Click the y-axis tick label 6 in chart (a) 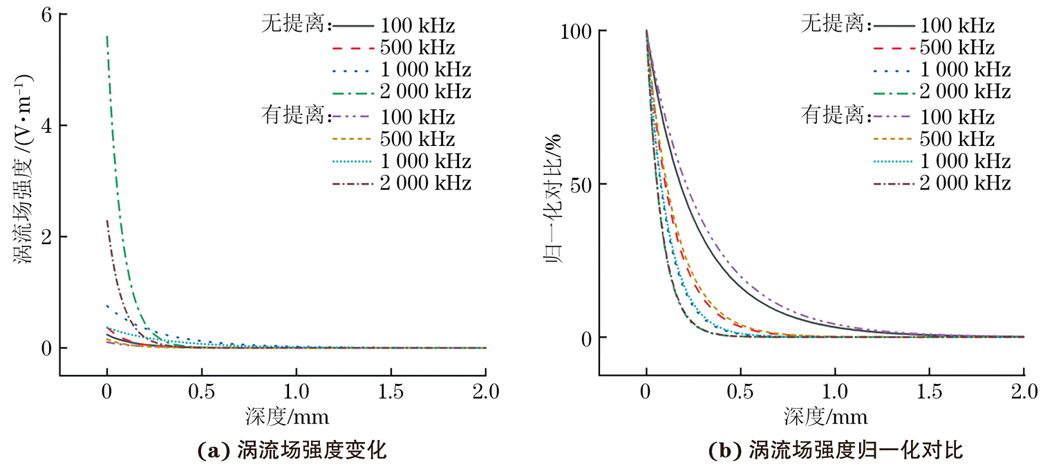click(x=44, y=15)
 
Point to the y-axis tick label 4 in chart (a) click(x=44, y=126)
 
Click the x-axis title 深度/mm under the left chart click(x=286, y=416)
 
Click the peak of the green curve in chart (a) click(x=107, y=37)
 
